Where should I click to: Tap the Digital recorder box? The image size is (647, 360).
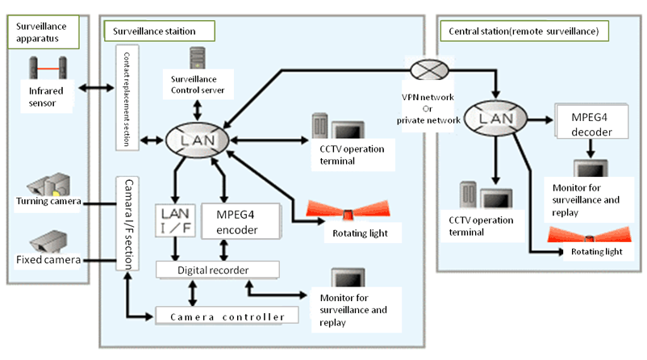point(216,268)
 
